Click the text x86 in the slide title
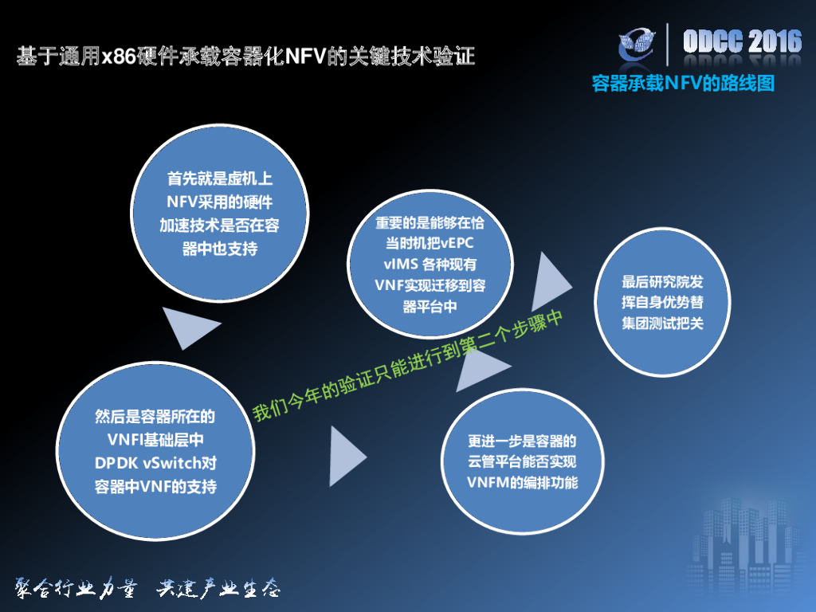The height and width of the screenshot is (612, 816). pyautogui.click(x=119, y=57)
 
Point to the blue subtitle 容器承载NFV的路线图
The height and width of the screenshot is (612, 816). pyautogui.click(x=683, y=83)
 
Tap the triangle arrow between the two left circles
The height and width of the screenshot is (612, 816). pyautogui.click(x=188, y=324)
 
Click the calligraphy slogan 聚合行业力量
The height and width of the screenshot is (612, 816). pyautogui.click(x=72, y=589)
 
